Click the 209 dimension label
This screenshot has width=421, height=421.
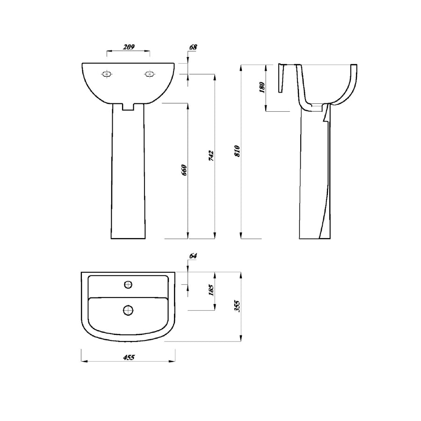point(129,47)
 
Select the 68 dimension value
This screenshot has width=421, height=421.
point(193,47)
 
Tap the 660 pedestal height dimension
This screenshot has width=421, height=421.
point(184,170)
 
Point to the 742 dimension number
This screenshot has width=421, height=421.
point(211,156)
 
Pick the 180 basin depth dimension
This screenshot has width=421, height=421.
point(262,87)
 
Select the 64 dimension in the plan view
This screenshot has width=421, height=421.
point(193,256)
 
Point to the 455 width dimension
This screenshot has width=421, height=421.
point(129,357)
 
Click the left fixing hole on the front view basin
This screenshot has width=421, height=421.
point(107,74)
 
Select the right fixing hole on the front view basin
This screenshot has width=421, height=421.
point(149,74)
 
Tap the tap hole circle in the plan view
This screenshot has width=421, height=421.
point(128,284)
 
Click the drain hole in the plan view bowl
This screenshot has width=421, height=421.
point(128,309)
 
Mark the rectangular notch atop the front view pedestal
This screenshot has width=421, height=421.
point(128,107)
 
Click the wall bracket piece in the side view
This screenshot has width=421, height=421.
point(281,78)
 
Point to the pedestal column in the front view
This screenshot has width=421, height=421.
point(128,173)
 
